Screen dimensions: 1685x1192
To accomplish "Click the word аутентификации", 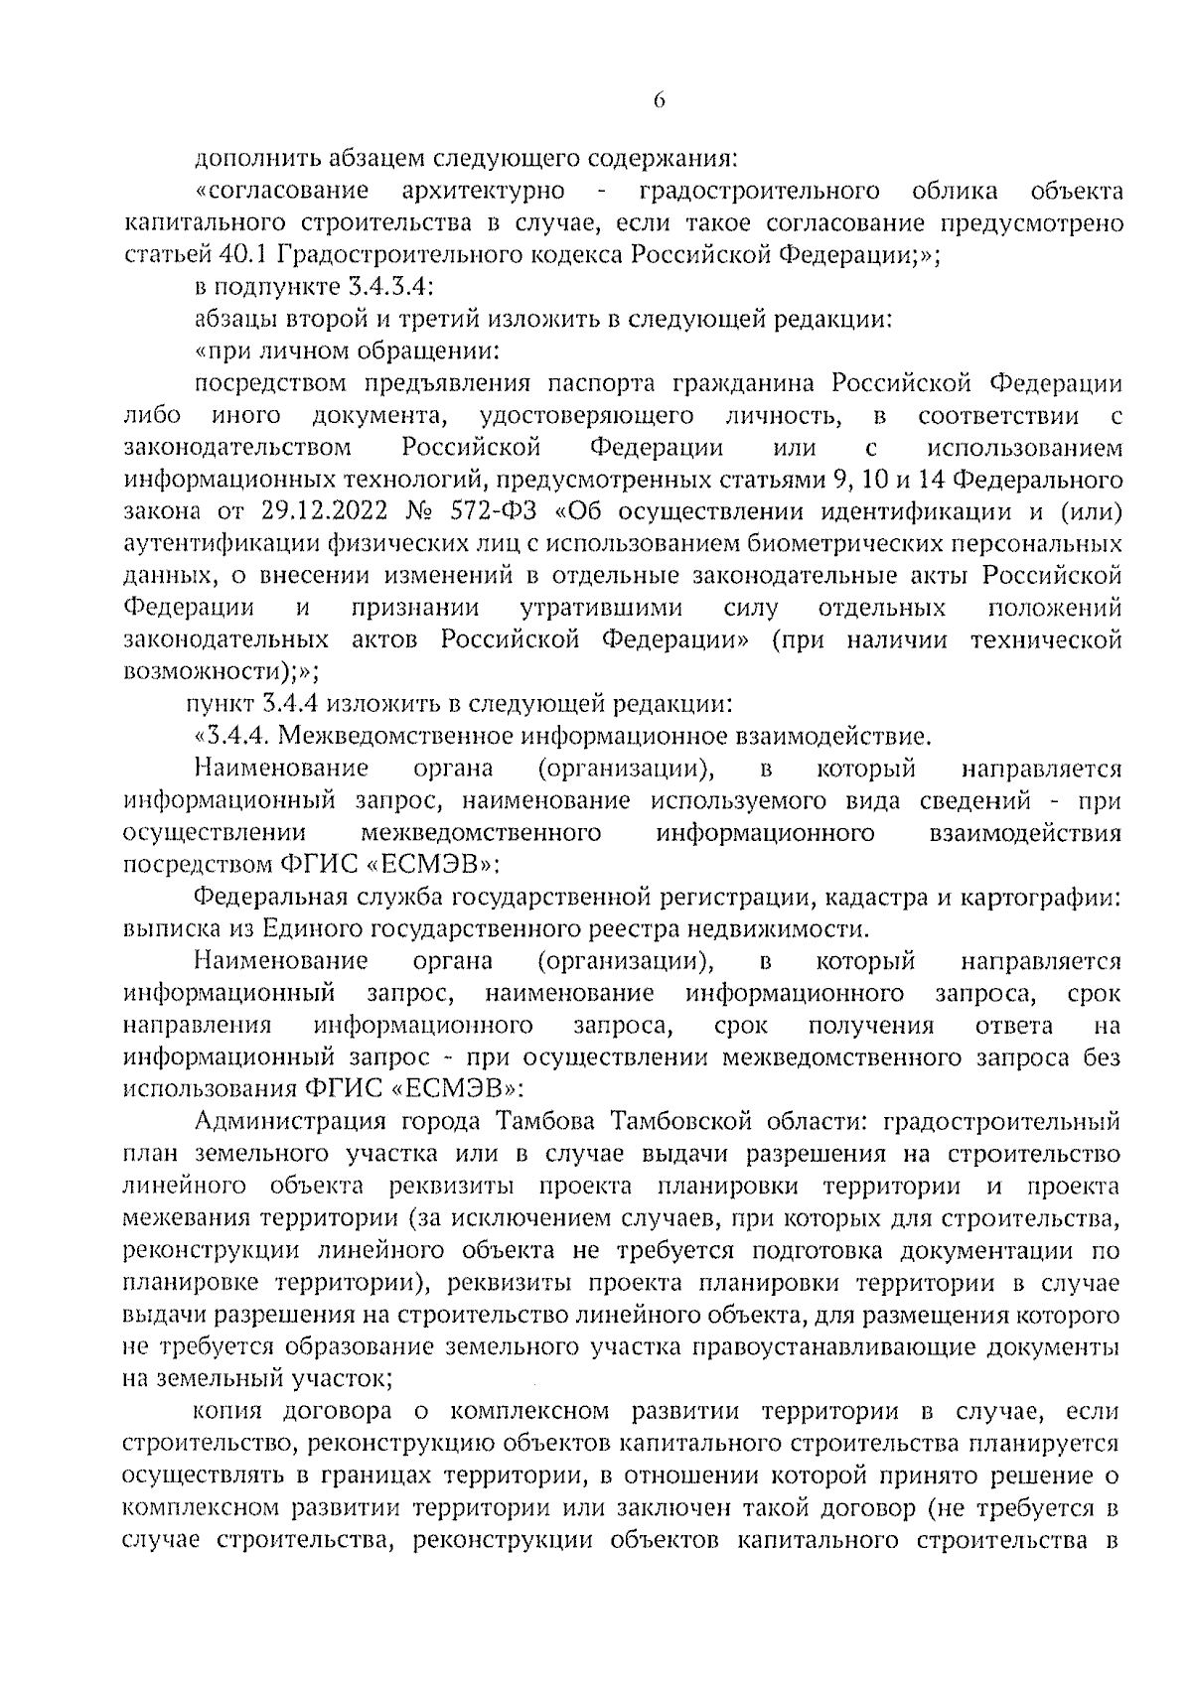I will [x=221, y=544].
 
